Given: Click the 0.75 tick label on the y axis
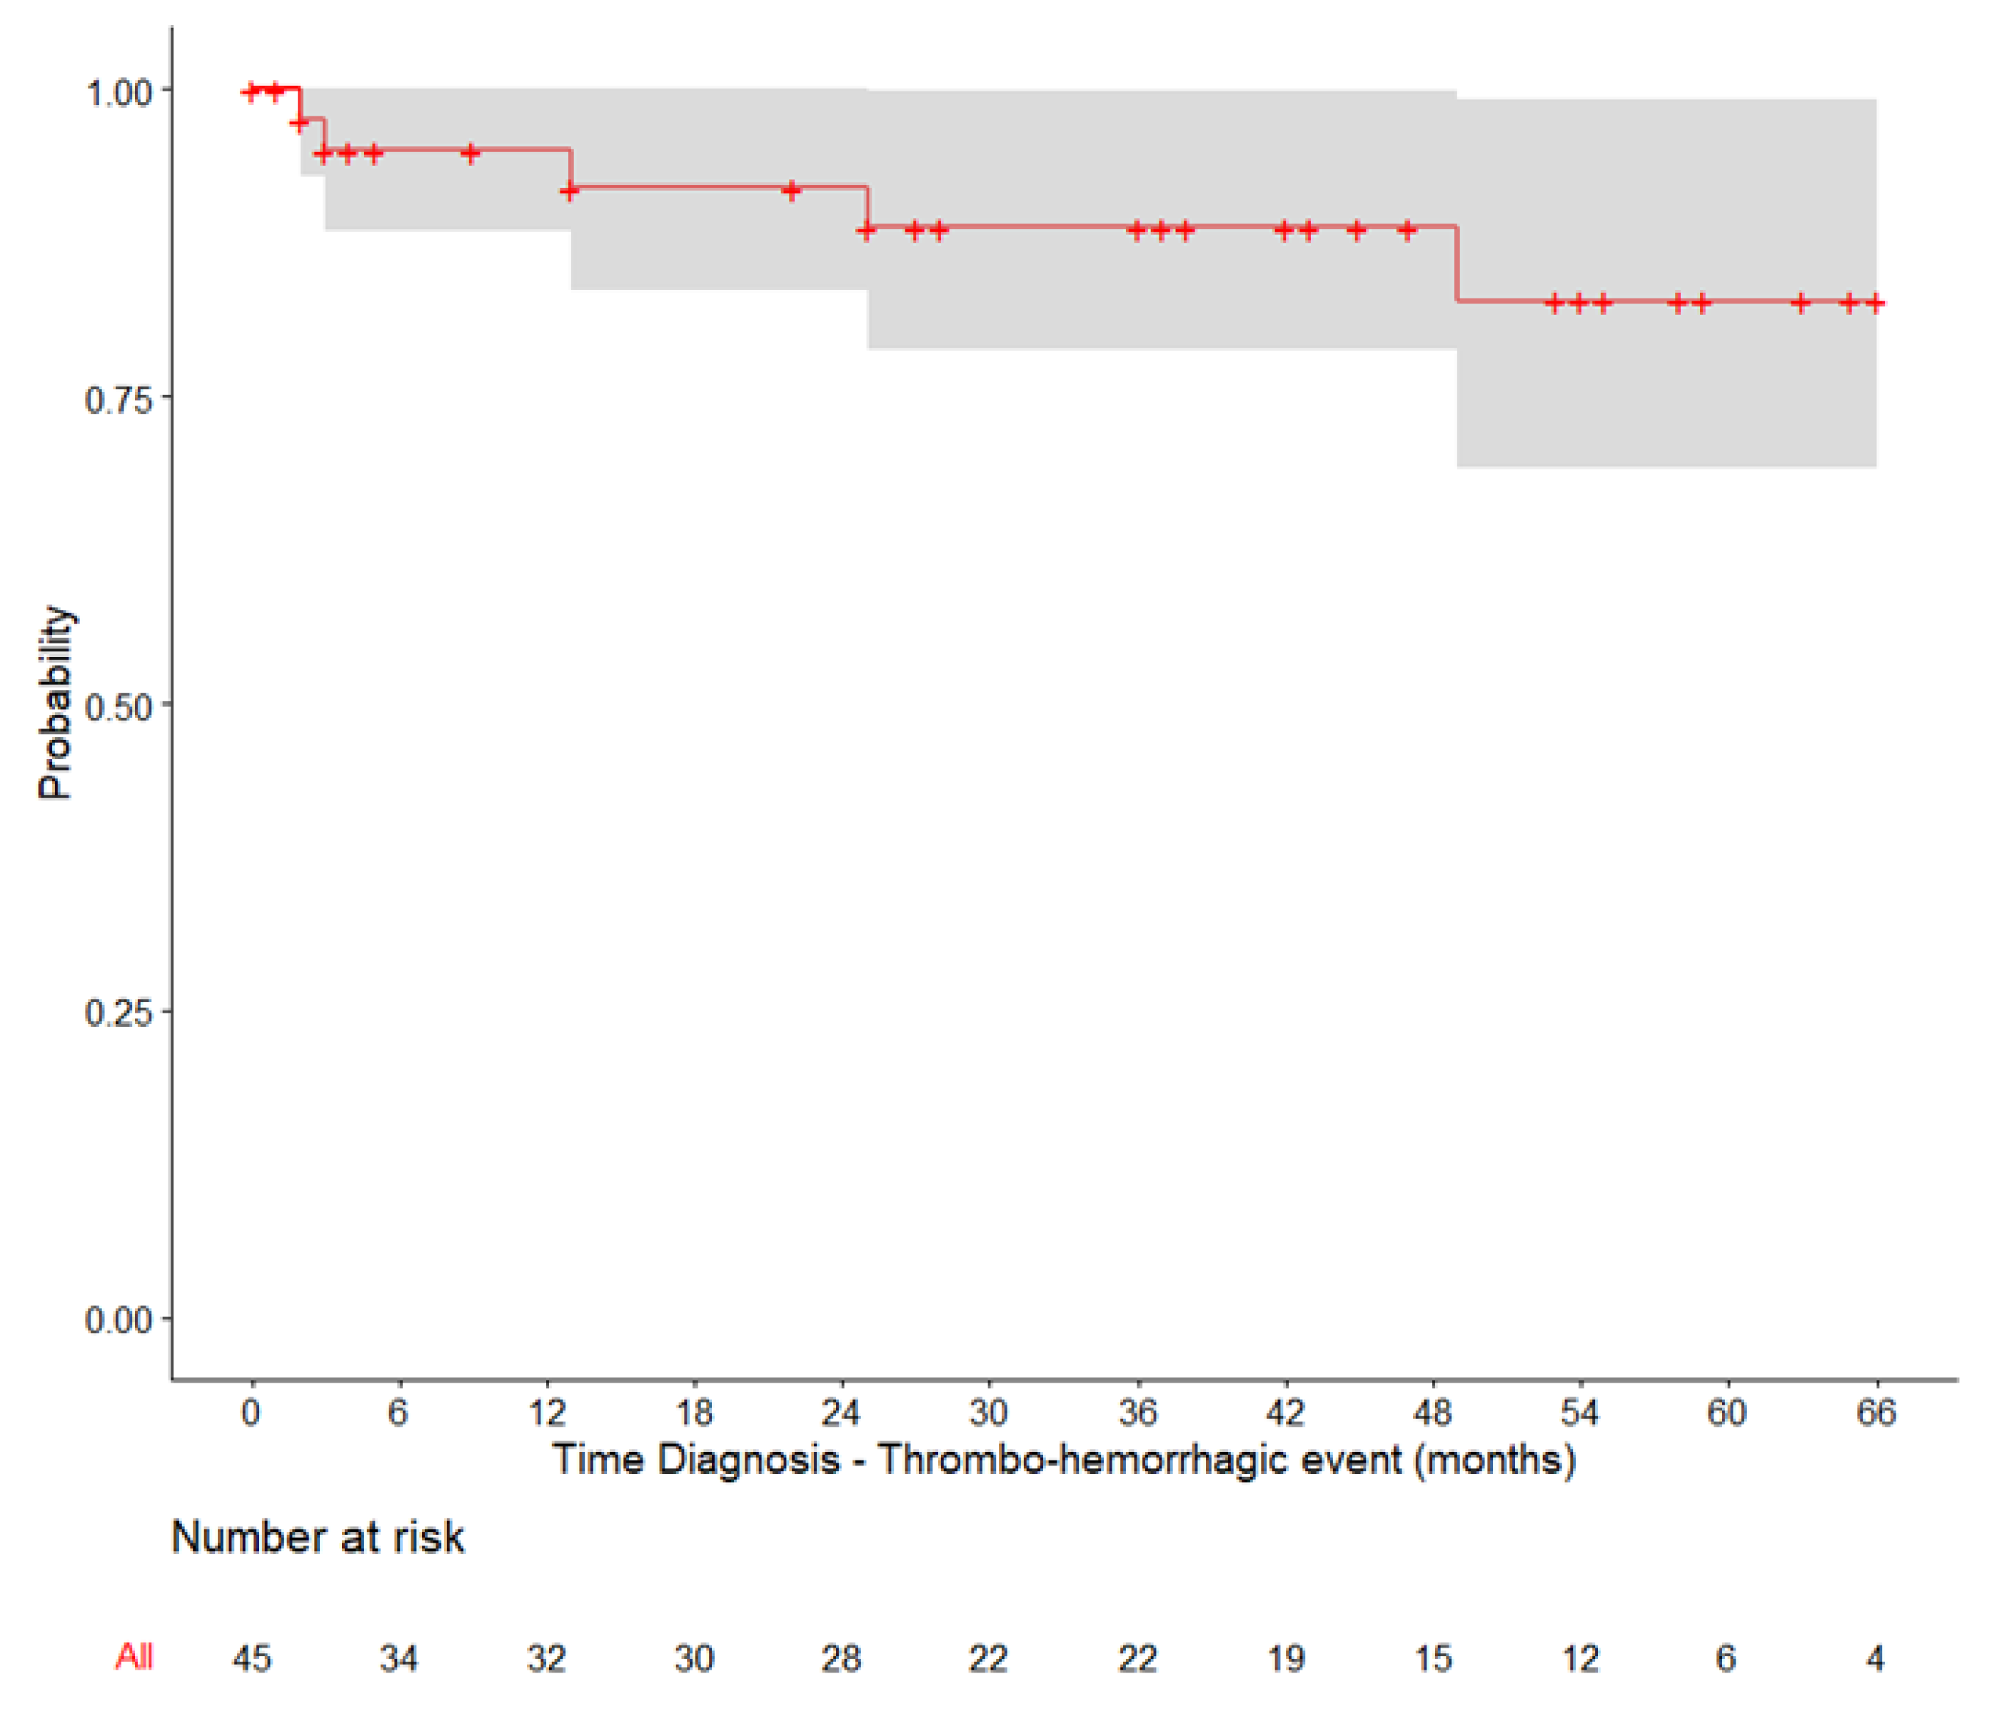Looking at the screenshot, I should pos(119,399).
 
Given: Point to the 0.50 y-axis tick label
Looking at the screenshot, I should pos(119,707).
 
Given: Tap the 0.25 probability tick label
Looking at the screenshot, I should pos(119,1013).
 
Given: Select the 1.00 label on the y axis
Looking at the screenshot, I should pos(119,94).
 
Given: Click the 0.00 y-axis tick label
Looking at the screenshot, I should pos(119,1320).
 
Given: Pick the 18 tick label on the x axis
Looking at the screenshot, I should pos(694,1413).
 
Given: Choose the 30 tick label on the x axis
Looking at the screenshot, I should pos(988,1413).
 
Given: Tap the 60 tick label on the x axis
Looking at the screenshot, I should pos(1726,1413).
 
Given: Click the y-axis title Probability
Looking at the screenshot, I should pos(55,703).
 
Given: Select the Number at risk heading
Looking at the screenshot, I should pos(317,1538).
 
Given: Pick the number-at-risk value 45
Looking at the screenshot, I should pos(252,1659).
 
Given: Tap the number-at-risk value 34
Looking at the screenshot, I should pos(399,1659).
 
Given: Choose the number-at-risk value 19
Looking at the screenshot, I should pos(1287,1659).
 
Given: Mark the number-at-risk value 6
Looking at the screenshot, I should pos(1726,1659).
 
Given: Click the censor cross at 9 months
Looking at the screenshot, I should pos(470,152).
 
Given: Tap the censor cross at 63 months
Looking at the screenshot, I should pos(1801,303).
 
